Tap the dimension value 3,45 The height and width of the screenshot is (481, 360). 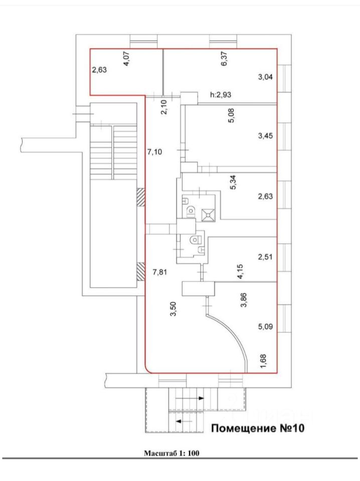click(x=265, y=135)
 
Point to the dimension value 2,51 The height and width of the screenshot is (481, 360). click(x=265, y=258)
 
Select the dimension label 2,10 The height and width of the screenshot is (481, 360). click(x=163, y=107)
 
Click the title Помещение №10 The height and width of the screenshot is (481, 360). click(x=258, y=428)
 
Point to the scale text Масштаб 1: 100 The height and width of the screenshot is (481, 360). click(x=172, y=454)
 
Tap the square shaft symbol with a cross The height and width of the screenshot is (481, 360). click(x=208, y=214)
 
